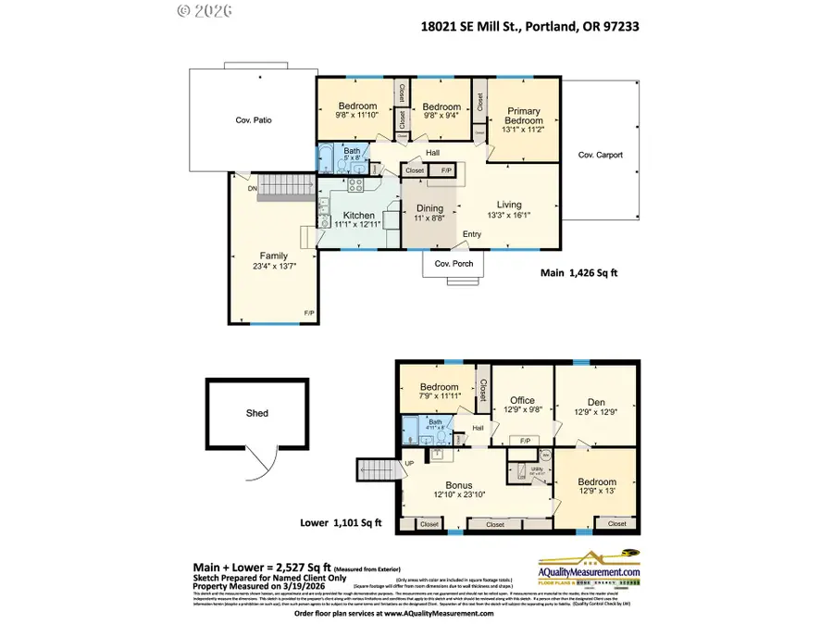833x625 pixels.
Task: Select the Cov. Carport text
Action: pos(601,155)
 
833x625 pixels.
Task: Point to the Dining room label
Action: pos(429,208)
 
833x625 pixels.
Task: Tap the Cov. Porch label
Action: pos(454,264)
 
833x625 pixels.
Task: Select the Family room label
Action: pos(273,256)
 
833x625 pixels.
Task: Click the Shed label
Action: pos(257,413)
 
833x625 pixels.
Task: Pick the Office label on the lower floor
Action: pos(522,400)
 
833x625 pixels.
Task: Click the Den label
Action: pos(596,401)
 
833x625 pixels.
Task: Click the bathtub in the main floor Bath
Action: pos(327,154)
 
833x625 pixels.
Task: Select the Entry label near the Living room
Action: pos(472,234)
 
